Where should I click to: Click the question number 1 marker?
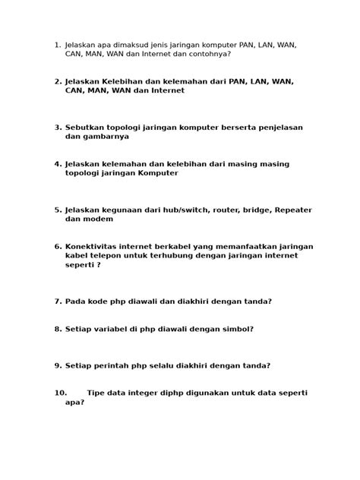(x=57, y=45)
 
